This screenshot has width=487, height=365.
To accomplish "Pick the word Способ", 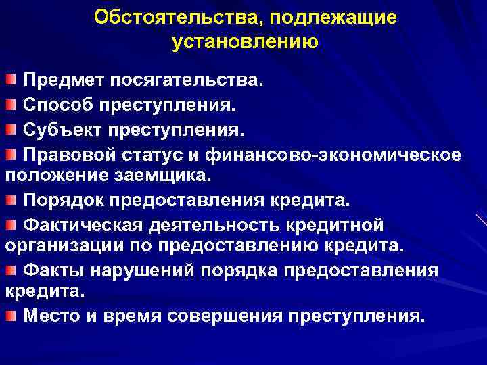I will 59,105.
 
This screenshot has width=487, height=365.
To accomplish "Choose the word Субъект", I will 62,129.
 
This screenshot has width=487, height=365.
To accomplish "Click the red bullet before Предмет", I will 10,82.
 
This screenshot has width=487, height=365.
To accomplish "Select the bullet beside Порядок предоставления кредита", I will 10,201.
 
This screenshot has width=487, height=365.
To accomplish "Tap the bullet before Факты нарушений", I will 10,270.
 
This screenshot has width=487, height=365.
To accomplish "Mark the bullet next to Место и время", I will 10,316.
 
